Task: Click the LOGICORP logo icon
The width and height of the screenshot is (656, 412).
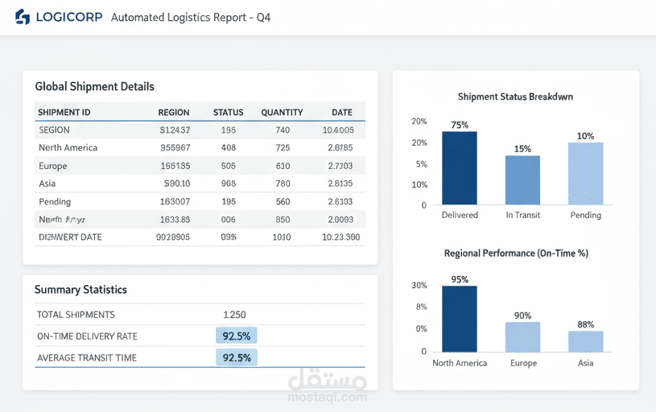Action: coord(22,17)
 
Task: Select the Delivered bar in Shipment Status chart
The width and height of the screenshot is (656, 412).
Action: coord(459,168)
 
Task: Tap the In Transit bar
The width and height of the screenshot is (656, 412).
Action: coord(522,180)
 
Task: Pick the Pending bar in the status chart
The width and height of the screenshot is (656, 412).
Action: coord(585,174)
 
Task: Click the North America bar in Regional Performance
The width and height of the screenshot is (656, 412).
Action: coord(459,319)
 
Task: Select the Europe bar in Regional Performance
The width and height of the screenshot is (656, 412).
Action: coord(522,336)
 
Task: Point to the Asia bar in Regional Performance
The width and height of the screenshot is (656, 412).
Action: coord(585,341)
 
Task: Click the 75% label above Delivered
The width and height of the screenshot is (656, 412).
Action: coord(460,125)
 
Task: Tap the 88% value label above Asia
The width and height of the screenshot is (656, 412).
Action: coord(586,324)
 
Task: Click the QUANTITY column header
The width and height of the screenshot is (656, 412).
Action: coord(282,113)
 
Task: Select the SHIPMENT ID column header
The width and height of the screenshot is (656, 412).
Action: coord(64,113)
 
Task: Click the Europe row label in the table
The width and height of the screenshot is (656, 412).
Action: coord(53,166)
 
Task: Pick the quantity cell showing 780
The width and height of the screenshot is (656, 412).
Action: coord(283,183)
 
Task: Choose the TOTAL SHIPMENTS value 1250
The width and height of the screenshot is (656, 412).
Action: coord(234,315)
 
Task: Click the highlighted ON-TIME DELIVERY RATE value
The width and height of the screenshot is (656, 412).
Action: coord(237,336)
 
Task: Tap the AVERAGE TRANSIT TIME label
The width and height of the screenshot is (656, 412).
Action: coord(87,358)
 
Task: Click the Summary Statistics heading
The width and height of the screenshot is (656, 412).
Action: coord(80,290)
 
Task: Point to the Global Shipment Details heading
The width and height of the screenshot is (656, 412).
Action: coord(95,86)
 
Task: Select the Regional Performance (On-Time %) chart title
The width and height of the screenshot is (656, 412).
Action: coord(516,253)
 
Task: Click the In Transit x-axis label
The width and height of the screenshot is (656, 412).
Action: coord(522,215)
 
